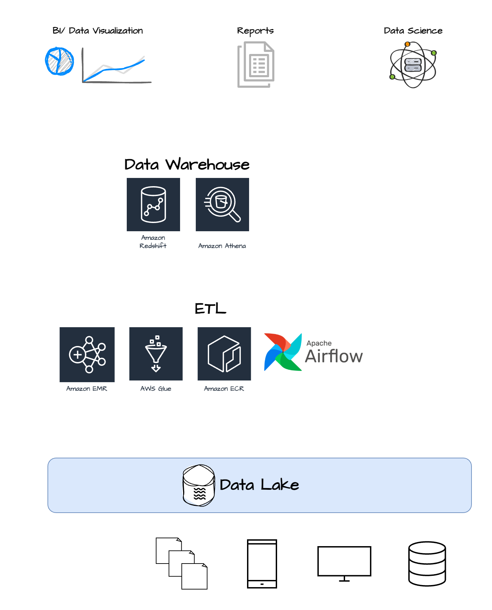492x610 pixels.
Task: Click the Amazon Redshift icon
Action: [153, 204]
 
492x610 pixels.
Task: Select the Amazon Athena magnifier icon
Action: [222, 204]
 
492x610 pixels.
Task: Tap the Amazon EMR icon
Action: [87, 354]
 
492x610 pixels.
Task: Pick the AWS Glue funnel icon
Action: [156, 353]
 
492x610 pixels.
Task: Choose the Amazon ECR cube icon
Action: [224, 353]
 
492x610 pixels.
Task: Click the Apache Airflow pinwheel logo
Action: [283, 352]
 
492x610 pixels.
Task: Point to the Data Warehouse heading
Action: [187, 165]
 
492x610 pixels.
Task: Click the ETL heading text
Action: [210, 309]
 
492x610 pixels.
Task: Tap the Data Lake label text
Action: [259, 485]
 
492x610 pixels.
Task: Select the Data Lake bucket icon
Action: [199, 485]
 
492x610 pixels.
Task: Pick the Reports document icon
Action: [256, 64]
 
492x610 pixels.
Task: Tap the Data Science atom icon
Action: [413, 65]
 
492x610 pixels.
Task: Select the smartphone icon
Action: [262, 564]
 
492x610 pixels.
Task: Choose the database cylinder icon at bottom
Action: [427, 564]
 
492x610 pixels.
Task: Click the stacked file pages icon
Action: [181, 564]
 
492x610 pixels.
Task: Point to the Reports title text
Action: [255, 31]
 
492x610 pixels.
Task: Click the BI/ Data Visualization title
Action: [98, 31]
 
